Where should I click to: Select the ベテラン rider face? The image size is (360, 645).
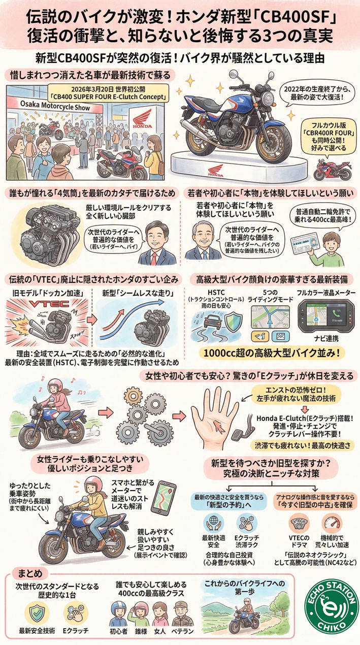pyautogui.click(x=182, y=614)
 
